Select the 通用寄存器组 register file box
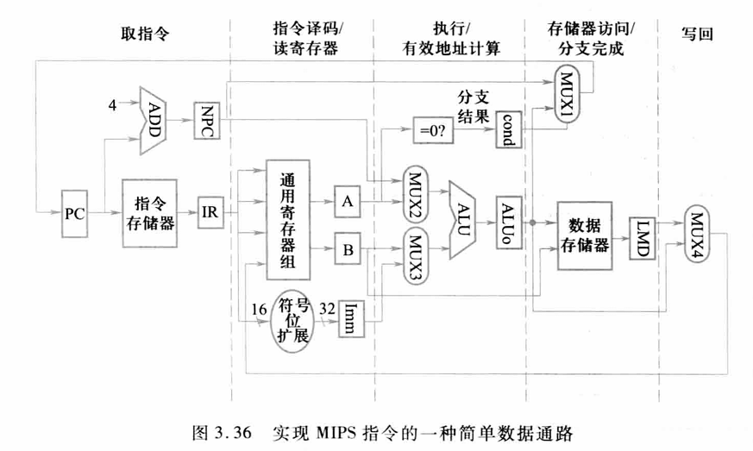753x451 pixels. (288, 220)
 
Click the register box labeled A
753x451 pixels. (348, 201)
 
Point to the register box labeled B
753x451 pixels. (348, 251)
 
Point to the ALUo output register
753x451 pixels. (509, 220)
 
